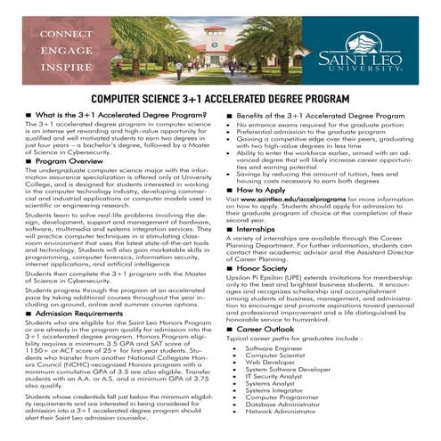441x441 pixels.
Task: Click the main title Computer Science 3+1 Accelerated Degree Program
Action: pos(220,100)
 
